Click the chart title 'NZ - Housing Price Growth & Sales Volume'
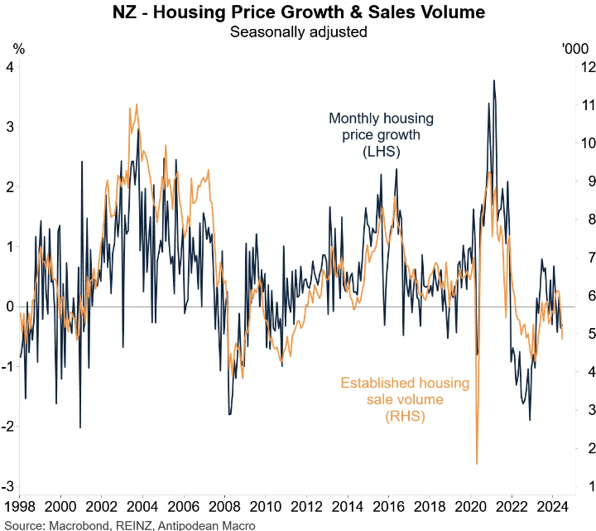point(298,13)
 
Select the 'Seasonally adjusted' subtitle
point(298,32)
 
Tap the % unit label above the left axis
point(19,49)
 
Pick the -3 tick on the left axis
point(9,486)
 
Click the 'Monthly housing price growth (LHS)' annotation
point(381,135)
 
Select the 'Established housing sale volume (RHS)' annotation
point(405,400)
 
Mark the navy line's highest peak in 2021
point(494,80)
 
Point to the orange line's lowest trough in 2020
point(478,463)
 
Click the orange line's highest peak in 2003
point(135,106)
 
